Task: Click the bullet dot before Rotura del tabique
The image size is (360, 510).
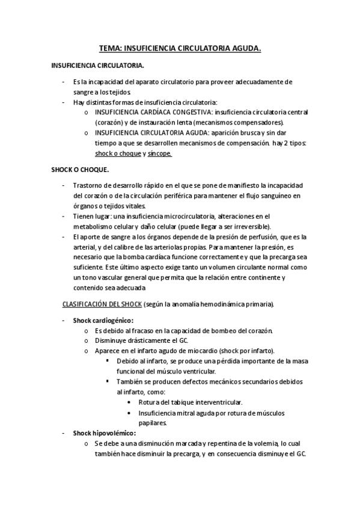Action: click(132, 401)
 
